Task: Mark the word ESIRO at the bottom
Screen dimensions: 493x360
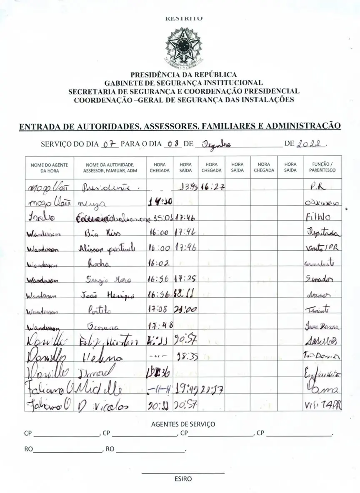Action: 183,479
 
